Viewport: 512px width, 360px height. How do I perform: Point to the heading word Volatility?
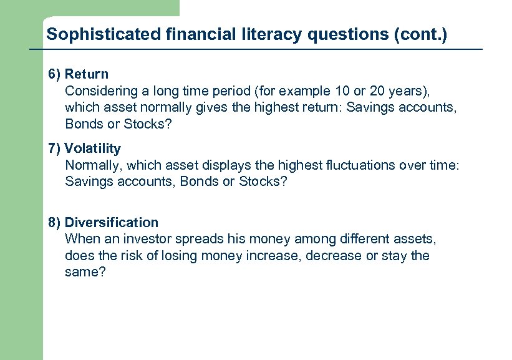coord(93,148)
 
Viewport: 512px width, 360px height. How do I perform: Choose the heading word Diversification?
coord(112,222)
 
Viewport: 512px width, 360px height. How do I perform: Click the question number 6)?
coord(55,74)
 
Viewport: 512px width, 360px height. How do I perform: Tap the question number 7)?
coord(55,148)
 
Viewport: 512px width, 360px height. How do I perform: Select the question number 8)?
coord(55,222)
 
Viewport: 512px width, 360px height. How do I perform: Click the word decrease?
coord(334,256)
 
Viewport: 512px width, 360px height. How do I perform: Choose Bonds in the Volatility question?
coord(188,182)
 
